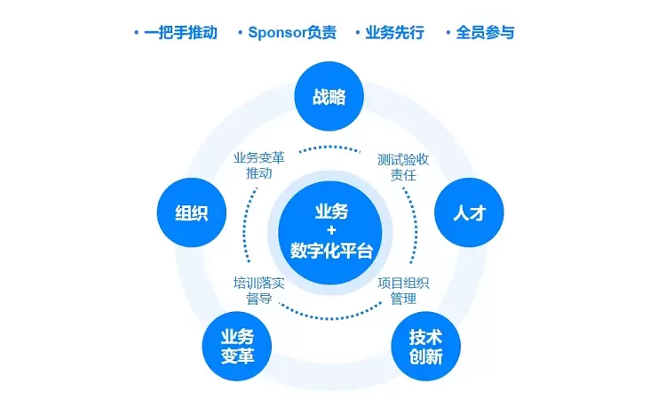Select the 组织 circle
(191, 213)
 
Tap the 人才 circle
(468, 213)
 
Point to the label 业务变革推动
(258, 166)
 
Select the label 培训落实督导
(258, 291)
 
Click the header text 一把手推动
(181, 33)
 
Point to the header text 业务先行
(395, 33)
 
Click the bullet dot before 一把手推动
(136, 33)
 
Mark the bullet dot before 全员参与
(448, 33)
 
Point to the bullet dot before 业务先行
(358, 33)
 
